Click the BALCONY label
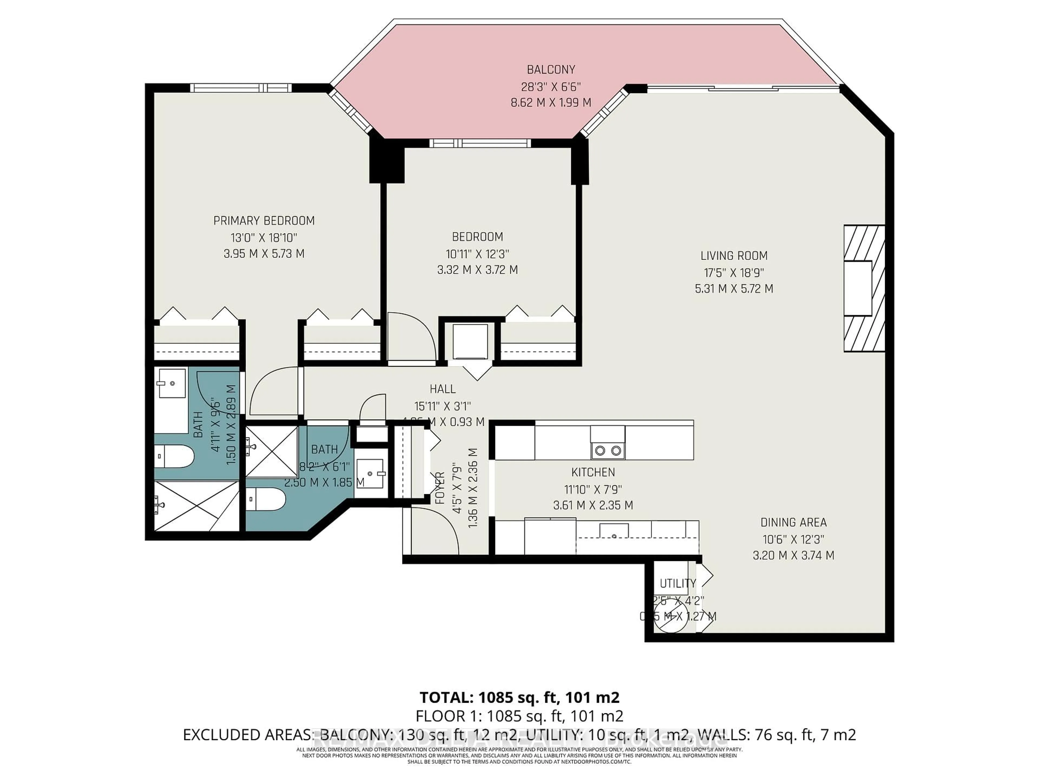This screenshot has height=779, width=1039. click(x=551, y=70)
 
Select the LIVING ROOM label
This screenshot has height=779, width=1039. click(x=734, y=256)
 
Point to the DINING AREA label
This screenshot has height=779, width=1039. click(x=793, y=522)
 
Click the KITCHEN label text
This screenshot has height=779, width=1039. click(x=593, y=472)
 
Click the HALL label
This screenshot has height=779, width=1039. click(x=442, y=389)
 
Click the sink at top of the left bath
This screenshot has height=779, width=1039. click(x=171, y=383)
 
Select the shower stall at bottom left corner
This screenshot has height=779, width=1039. click(x=196, y=506)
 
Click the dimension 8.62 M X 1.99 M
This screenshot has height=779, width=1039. click(x=551, y=102)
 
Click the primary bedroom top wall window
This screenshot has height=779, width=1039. click(x=241, y=88)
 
